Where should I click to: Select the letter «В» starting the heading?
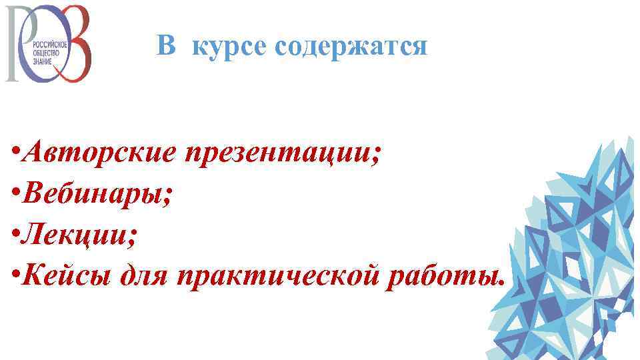166,45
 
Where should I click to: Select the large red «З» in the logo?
73,43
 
